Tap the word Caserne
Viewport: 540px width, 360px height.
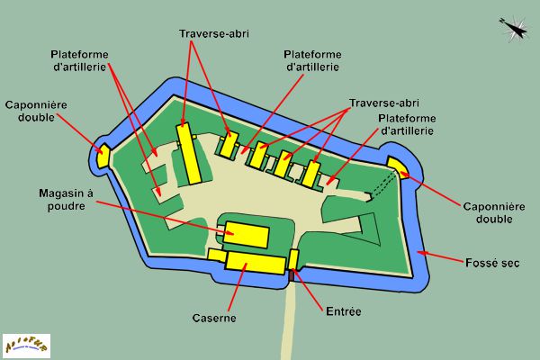[215, 319]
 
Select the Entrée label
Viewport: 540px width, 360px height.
[342, 311]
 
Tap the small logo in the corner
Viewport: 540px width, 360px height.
[26, 345]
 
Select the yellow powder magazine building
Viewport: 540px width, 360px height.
[246, 234]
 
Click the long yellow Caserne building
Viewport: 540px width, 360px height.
[255, 262]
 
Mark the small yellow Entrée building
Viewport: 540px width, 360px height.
[293, 259]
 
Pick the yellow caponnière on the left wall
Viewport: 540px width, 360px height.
[104, 155]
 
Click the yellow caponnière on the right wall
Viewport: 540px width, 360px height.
[396, 166]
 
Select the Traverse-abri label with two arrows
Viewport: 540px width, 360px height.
[214, 34]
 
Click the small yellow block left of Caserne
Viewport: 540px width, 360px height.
[216, 255]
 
